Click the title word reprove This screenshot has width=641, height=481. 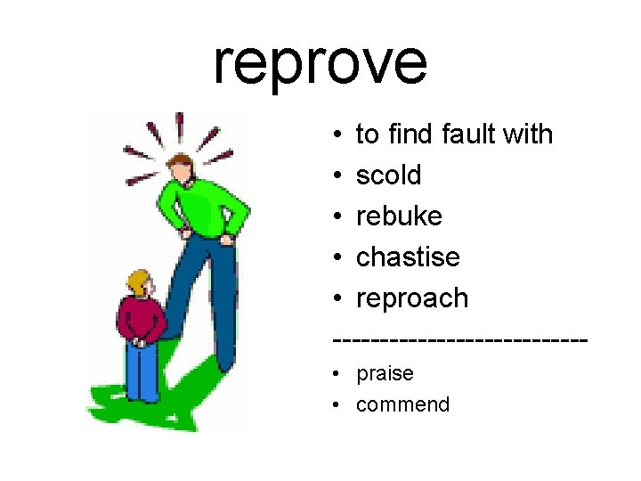[x=320, y=62]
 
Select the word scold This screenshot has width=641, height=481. [x=388, y=175]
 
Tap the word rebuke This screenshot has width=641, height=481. [x=399, y=216]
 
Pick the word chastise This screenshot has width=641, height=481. [x=408, y=257]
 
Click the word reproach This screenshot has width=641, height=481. [x=412, y=298]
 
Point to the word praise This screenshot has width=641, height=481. [x=385, y=373]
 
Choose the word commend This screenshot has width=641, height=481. [x=402, y=404]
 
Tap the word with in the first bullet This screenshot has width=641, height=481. [x=527, y=135]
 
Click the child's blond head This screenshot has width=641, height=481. [x=139, y=284]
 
